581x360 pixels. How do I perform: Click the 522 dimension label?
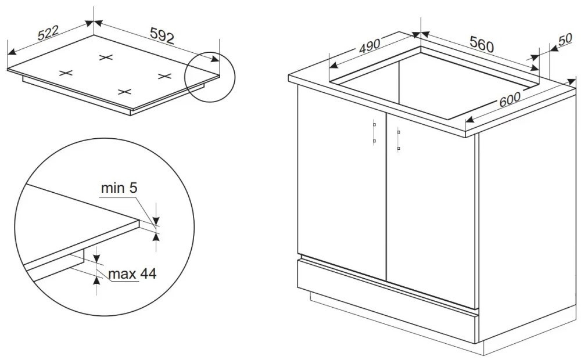coord(48,32)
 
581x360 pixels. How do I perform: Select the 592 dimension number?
coord(162,36)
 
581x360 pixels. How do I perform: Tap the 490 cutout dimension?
coord(370,45)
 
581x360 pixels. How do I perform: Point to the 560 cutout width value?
coord(482,44)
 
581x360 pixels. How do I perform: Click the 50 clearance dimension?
coord(565,39)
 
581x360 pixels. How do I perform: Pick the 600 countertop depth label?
coord(510,99)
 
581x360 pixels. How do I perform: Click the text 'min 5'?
coord(119,188)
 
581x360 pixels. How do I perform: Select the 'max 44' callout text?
coord(132,273)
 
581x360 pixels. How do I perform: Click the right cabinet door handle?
coord(399,139)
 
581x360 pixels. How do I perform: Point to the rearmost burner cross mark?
coord(106,57)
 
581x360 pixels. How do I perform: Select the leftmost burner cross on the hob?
coord(66,73)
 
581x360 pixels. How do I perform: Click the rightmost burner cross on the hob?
coord(164,76)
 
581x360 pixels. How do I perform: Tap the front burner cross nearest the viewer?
coord(124,92)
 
